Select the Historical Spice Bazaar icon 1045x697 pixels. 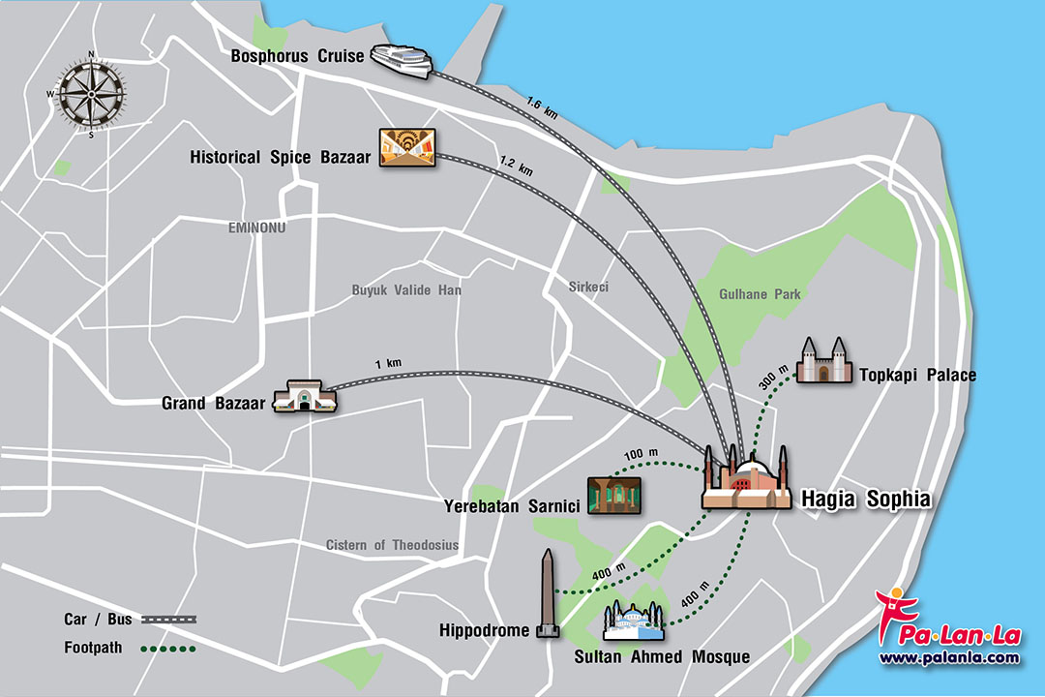pyautogui.click(x=405, y=150)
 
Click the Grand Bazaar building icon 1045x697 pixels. pyautogui.click(x=304, y=397)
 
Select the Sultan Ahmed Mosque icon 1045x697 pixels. pyautogui.click(x=634, y=621)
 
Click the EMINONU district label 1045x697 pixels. pyautogui.click(x=258, y=227)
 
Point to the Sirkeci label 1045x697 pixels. pyautogui.click(x=588, y=288)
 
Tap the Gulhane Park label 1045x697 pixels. pyautogui.click(x=760, y=294)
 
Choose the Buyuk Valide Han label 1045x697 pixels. pyautogui.click(x=406, y=290)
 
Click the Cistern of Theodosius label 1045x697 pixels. pyautogui.click(x=392, y=545)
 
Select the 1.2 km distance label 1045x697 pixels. pyautogui.click(x=516, y=164)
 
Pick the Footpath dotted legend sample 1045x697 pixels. pyautogui.click(x=168, y=649)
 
